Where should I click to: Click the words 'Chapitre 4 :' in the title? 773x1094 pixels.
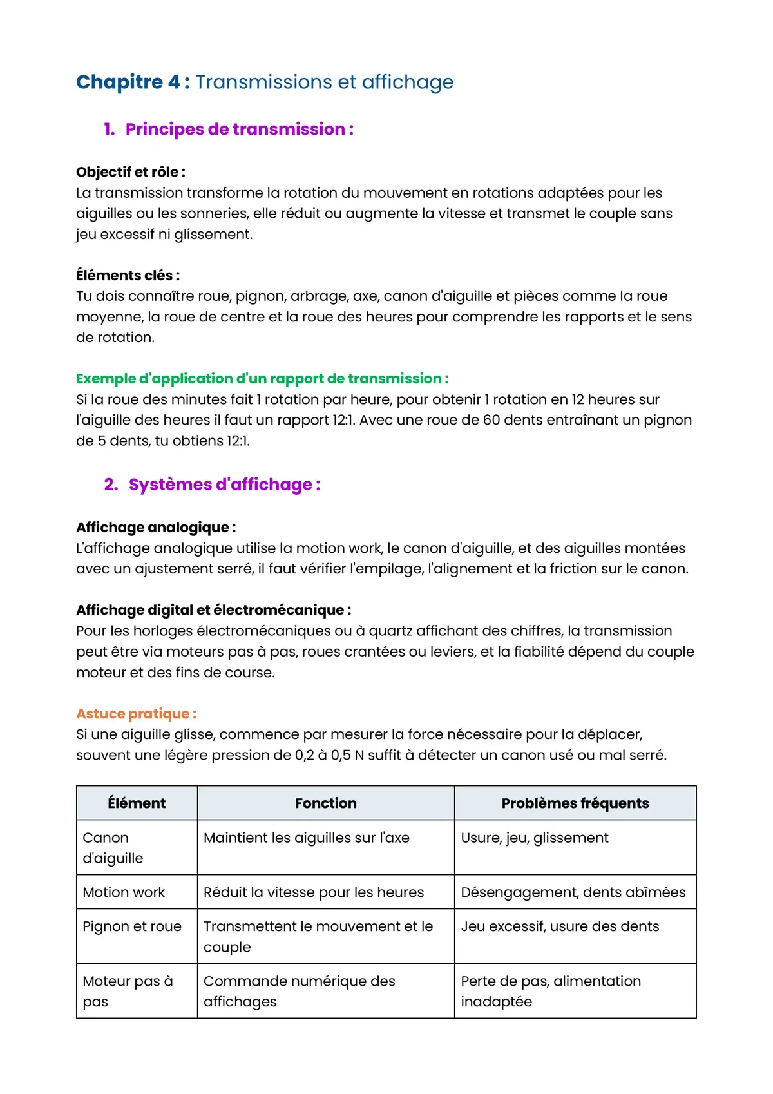coord(133,82)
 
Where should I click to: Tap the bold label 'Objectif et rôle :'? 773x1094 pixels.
coord(131,172)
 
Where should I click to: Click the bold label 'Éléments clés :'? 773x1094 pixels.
coord(128,276)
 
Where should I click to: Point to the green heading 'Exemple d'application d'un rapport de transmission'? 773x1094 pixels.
coord(262,379)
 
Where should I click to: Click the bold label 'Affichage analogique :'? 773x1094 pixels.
coord(156,528)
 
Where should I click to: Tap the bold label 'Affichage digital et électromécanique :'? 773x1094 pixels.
coord(213,610)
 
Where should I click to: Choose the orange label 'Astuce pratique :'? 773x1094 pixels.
coord(136,714)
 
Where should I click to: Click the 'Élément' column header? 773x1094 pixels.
coord(137,803)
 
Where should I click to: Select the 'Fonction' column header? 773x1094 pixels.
coord(325,803)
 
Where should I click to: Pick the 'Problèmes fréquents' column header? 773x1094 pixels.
coord(575,803)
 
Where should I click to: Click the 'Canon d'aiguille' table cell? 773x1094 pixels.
coord(113,848)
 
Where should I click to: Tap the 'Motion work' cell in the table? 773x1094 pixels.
coord(124,892)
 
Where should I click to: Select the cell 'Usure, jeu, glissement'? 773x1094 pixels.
coord(534,838)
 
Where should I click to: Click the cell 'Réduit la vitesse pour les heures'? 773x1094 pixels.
coord(314,892)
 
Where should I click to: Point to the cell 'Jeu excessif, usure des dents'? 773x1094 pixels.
coord(560,926)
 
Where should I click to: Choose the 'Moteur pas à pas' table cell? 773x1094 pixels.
coord(127,992)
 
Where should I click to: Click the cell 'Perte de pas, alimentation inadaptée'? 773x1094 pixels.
coord(550,992)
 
